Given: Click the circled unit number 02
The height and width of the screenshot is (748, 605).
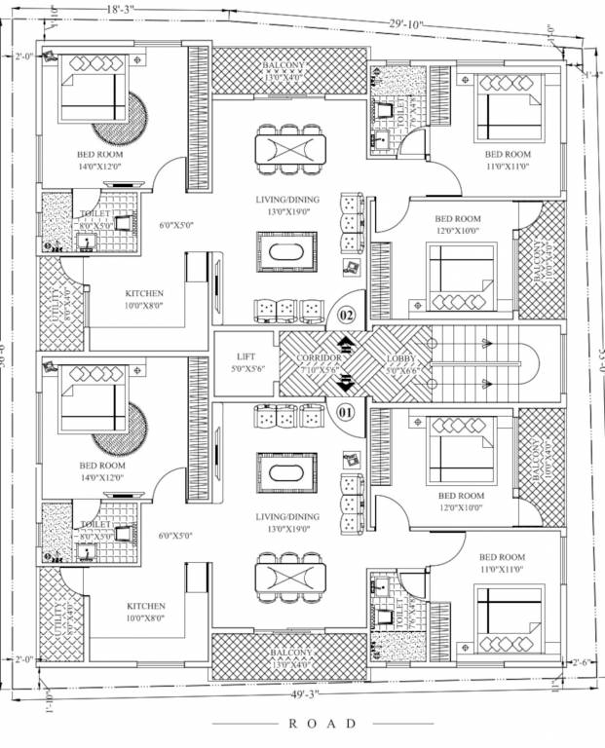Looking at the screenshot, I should point(346,315).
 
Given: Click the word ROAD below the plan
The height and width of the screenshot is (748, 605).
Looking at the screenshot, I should point(323,724).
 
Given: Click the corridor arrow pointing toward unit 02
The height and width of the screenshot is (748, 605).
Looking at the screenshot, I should point(346,344).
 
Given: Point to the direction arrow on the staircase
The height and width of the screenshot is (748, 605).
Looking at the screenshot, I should point(484,342).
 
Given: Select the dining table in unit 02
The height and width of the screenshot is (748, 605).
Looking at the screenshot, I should point(291,149).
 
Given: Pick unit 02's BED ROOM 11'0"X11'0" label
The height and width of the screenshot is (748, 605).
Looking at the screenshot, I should point(508,161).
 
